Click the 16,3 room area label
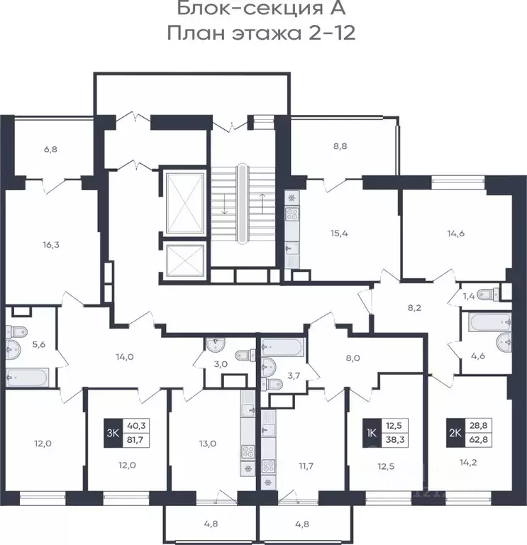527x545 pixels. (x=51, y=245)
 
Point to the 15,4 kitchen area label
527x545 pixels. (x=339, y=233)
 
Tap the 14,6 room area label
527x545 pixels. (x=456, y=233)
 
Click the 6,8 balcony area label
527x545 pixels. (x=51, y=150)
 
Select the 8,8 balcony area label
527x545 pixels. (x=340, y=146)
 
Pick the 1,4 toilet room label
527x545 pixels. (x=469, y=297)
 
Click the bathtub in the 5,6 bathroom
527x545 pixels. (x=26, y=378)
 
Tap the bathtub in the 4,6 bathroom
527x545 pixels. (x=489, y=322)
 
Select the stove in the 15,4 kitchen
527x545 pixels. (x=292, y=214)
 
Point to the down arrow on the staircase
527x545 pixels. (x=225, y=204)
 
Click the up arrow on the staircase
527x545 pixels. (x=262, y=204)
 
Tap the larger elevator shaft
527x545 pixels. (x=184, y=203)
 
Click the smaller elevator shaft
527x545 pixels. (x=184, y=262)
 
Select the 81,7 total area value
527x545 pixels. (x=136, y=440)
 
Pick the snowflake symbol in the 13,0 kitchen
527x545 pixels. (x=248, y=469)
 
